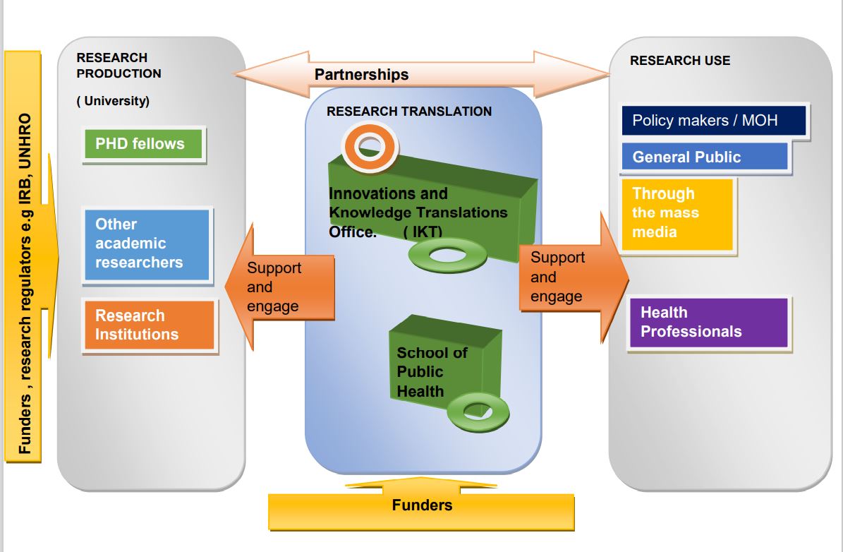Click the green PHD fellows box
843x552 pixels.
coord(143,144)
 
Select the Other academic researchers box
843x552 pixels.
coord(147,244)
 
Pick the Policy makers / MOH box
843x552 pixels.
coord(714,120)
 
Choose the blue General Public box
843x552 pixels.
coord(703,157)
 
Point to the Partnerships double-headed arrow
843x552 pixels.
coord(422,73)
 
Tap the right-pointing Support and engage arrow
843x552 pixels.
coord(569,277)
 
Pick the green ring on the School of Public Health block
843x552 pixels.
coord(478,410)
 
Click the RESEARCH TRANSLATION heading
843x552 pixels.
coord(409,111)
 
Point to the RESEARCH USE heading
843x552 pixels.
coord(680,61)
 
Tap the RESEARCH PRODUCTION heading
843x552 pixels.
coord(119,66)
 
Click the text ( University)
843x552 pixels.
coord(113,101)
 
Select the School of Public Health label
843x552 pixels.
coord(431,372)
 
